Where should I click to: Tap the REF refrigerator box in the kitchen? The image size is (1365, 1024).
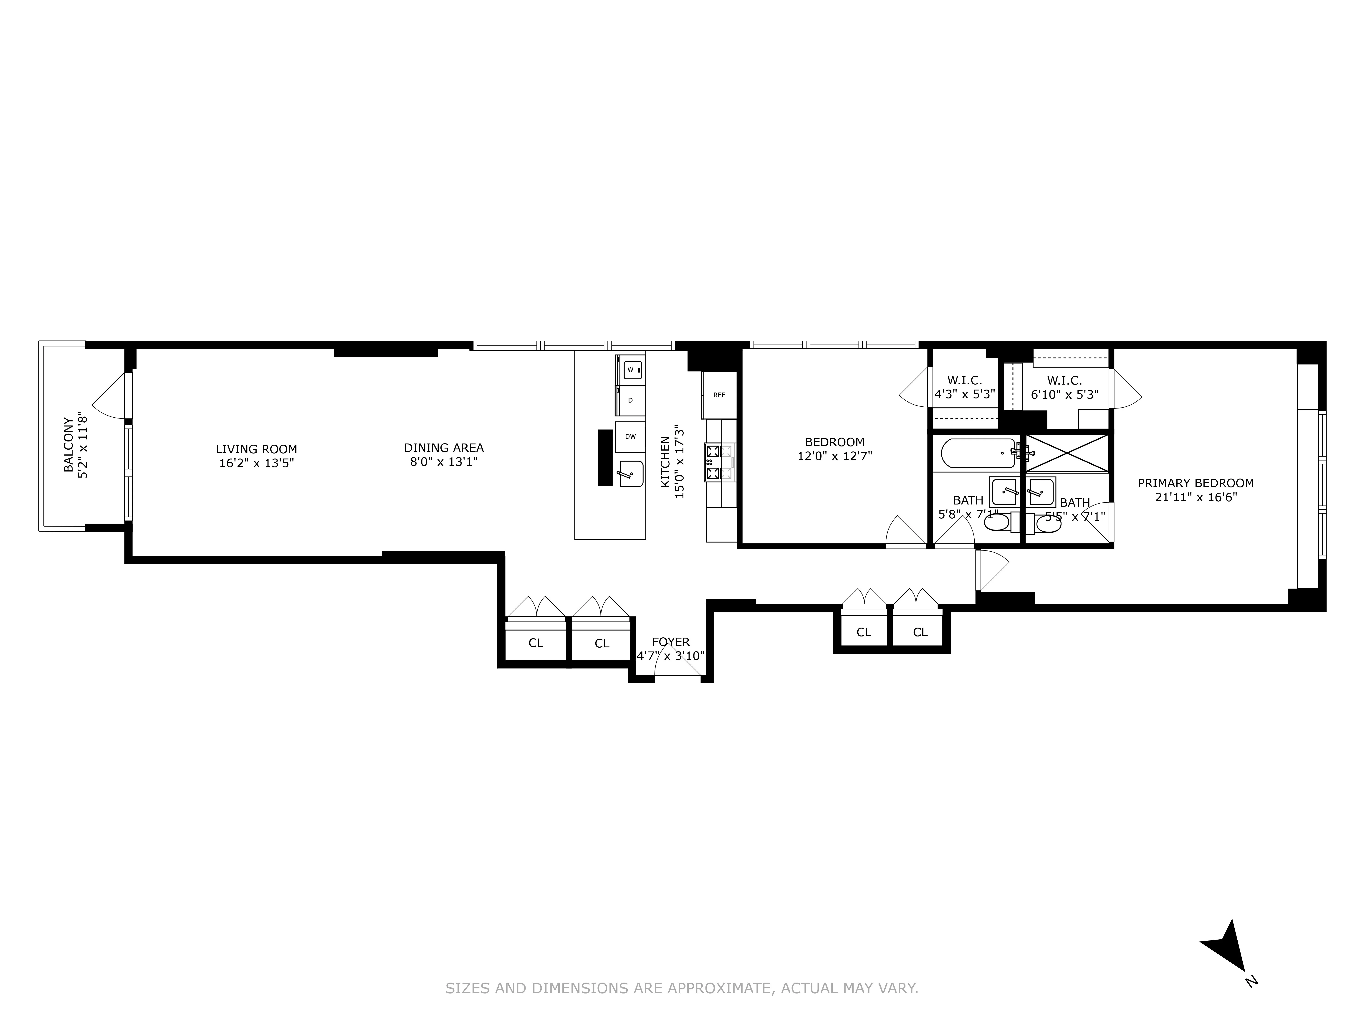[x=719, y=395]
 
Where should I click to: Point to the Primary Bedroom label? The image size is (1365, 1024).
[x=1195, y=483]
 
